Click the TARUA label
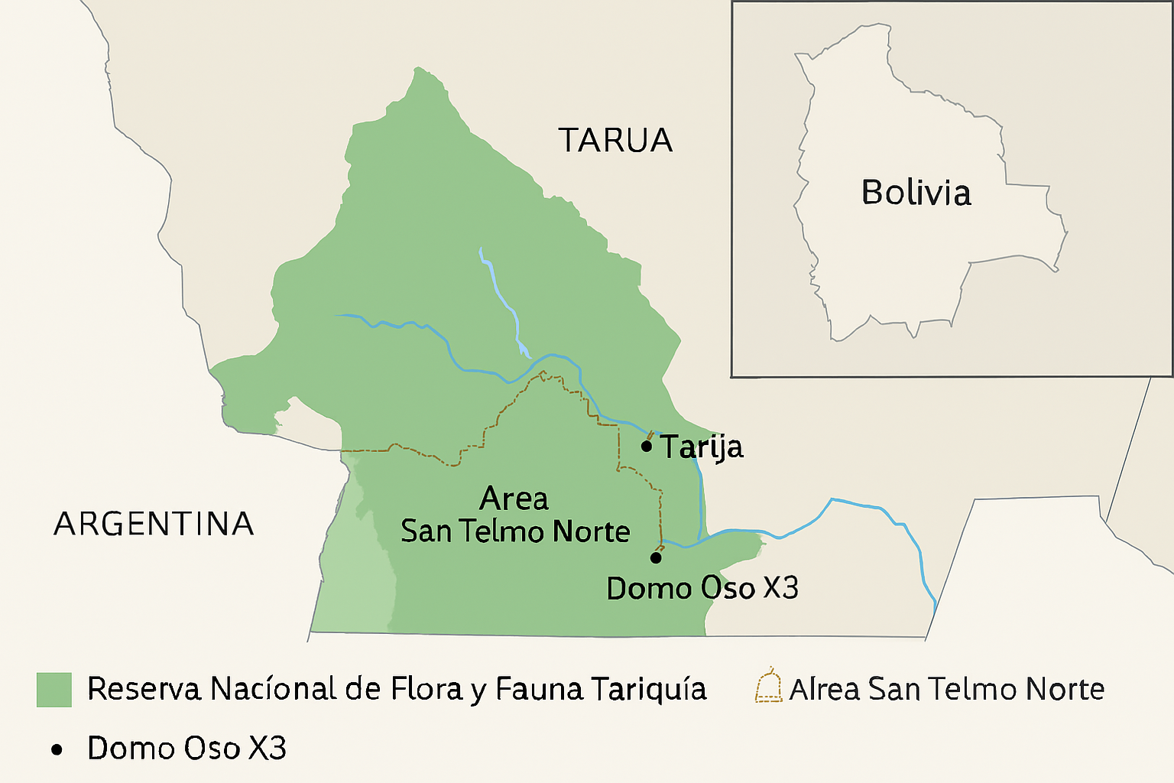(x=615, y=141)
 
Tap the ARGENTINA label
(x=154, y=525)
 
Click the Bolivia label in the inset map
(x=916, y=192)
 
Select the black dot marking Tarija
(x=647, y=446)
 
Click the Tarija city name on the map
(x=702, y=447)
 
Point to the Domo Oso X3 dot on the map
(x=656, y=557)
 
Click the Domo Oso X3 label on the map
(x=702, y=588)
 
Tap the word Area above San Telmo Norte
(x=514, y=499)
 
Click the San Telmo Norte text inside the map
(x=515, y=531)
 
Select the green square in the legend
(x=54, y=690)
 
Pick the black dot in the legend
(x=57, y=750)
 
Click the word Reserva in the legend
(x=144, y=689)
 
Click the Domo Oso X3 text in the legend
(x=186, y=749)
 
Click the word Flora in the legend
(x=426, y=689)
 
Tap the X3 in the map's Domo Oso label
(x=780, y=588)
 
